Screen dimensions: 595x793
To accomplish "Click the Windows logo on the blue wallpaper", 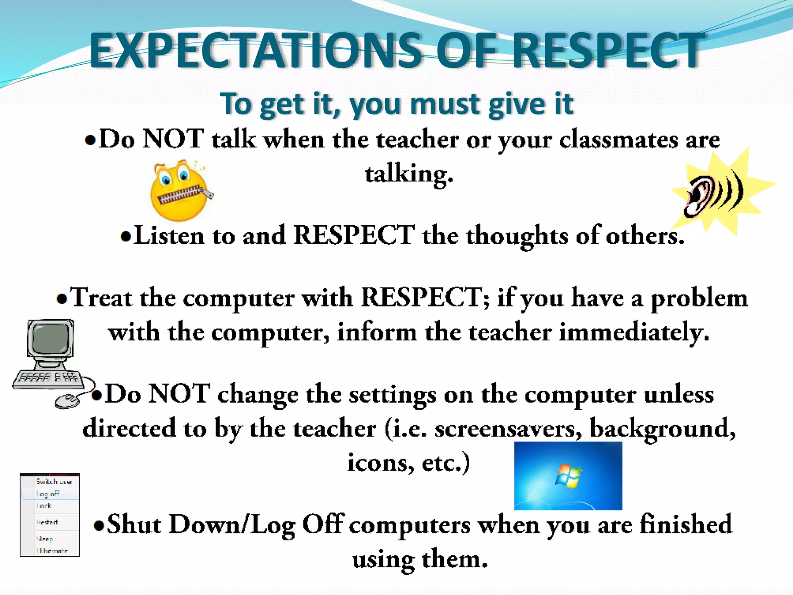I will pos(568,476).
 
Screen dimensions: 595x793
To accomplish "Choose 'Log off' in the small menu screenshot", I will pos(48,494).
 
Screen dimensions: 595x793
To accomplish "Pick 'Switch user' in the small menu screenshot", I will pos(54,482).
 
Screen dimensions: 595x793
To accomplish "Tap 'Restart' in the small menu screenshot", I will pos(47,522).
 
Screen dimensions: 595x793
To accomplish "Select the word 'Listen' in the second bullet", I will pos(169,236).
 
